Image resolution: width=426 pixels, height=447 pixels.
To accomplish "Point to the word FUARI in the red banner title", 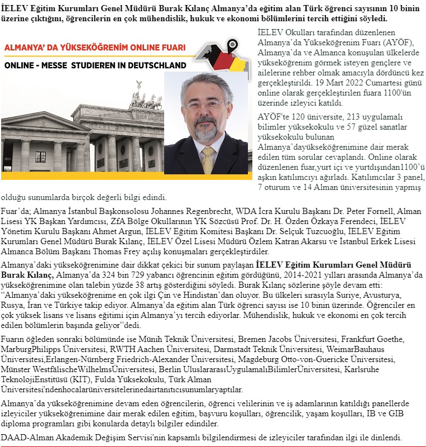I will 172,49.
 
